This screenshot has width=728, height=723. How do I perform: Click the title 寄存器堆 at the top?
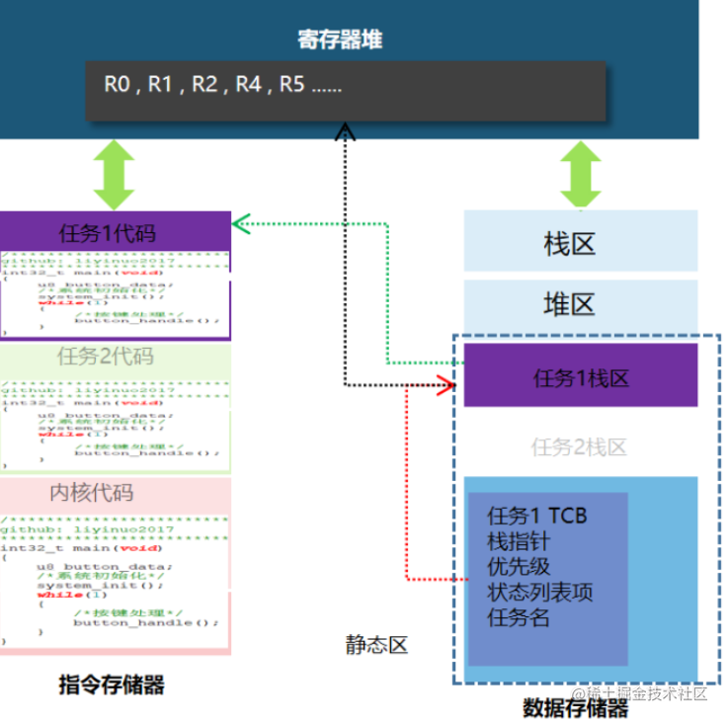[340, 40]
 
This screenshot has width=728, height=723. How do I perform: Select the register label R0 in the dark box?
[119, 85]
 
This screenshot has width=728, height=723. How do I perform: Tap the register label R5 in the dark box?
[292, 85]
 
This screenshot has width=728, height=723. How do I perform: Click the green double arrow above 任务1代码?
[116, 174]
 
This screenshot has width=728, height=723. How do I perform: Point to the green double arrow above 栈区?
[580, 174]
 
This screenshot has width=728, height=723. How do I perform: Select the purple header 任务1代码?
[116, 234]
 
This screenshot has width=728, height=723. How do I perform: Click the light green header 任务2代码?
[116, 357]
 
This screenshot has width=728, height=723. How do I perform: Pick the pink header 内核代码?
[116, 492]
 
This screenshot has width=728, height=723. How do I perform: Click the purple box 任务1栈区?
[581, 377]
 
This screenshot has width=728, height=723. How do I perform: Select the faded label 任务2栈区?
[581, 447]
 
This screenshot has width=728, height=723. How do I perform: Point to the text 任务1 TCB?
[536, 516]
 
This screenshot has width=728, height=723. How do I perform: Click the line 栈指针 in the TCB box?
[519, 541]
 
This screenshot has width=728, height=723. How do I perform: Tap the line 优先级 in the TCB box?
[519, 567]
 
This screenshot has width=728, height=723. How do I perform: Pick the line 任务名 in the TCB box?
[519, 618]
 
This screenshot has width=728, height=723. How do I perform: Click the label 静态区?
[376, 646]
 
